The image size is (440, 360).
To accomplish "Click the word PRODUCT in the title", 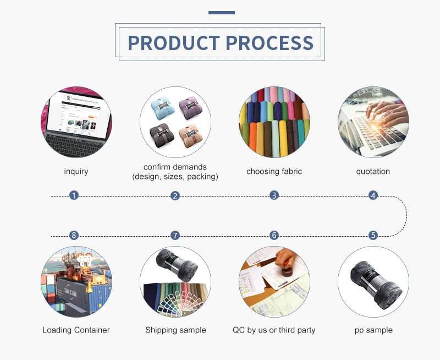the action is click(174, 43).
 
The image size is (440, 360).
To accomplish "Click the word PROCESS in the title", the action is click(269, 43).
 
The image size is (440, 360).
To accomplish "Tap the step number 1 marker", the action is click(74, 195).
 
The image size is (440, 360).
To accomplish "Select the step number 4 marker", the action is click(373, 195).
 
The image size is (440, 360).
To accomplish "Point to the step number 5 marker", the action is click(373, 235).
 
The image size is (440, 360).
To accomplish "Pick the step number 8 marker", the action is click(74, 235).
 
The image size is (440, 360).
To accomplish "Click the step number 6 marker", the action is click(274, 235).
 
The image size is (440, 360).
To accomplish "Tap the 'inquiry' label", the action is click(76, 171).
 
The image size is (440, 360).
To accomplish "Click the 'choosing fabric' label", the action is click(274, 171).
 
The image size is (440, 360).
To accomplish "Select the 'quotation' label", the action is click(373, 171).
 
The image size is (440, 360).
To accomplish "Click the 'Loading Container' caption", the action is click(76, 330).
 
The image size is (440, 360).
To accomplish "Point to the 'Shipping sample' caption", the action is click(175, 330).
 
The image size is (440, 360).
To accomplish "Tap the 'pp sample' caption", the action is click(373, 330).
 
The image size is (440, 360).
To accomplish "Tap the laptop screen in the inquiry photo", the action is click(78, 113).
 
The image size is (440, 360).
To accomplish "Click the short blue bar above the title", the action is click(222, 13).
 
